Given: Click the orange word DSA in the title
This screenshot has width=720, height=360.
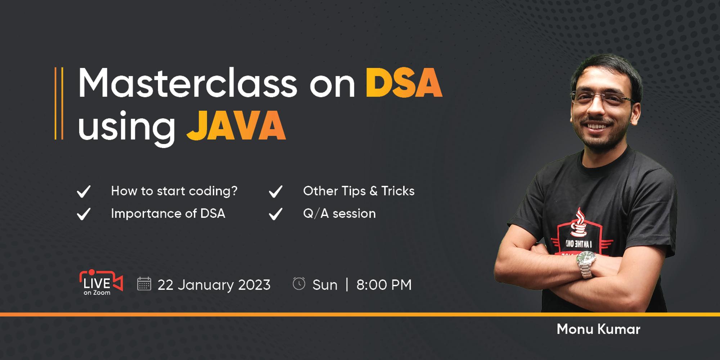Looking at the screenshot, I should click(x=404, y=83).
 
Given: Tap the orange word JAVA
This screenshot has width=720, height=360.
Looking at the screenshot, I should click(x=236, y=126).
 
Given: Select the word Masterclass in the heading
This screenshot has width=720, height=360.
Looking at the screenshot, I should click(x=188, y=83).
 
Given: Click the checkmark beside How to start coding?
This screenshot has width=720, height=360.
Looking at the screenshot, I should click(x=84, y=191).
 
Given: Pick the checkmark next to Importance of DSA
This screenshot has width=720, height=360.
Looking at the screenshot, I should click(x=84, y=214).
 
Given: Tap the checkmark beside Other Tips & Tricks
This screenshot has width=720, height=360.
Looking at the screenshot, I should click(x=276, y=191).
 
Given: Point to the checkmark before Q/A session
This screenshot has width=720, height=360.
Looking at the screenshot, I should click(x=276, y=214).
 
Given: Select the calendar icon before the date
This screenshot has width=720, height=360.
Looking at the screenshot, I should click(x=144, y=284).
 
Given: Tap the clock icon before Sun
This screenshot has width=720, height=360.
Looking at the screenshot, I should click(x=299, y=284).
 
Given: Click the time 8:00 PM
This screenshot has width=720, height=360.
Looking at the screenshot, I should click(x=384, y=285).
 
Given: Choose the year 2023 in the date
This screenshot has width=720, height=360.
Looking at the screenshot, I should click(x=254, y=285).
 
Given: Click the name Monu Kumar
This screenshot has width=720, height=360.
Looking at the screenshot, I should click(x=598, y=329).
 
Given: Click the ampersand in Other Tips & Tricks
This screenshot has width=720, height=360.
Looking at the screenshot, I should click(x=374, y=191).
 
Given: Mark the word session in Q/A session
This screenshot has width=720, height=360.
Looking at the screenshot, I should click(x=354, y=213).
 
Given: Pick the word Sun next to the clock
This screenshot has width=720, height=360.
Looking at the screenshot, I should click(x=325, y=285).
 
